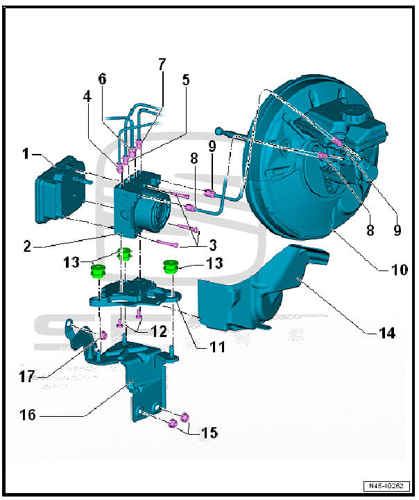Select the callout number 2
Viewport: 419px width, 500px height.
click(26, 244)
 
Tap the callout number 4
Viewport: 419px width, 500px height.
click(87, 97)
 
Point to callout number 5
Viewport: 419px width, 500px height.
click(186, 80)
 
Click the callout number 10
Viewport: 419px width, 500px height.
click(398, 268)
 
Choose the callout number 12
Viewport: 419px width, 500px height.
click(159, 332)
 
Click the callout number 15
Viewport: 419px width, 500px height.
click(209, 433)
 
